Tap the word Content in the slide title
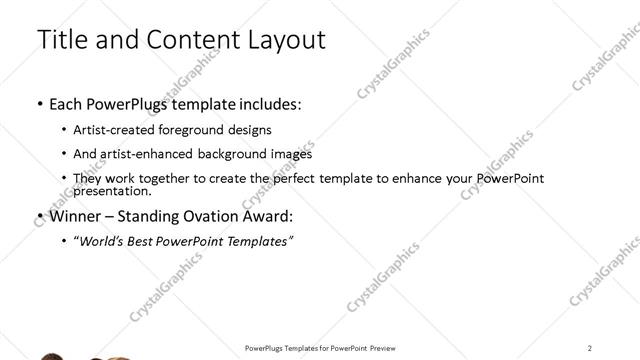click(x=195, y=40)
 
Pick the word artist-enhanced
click(x=148, y=154)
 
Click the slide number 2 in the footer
click(x=590, y=347)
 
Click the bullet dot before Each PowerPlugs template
click(x=39, y=104)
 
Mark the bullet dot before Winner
click(x=39, y=216)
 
